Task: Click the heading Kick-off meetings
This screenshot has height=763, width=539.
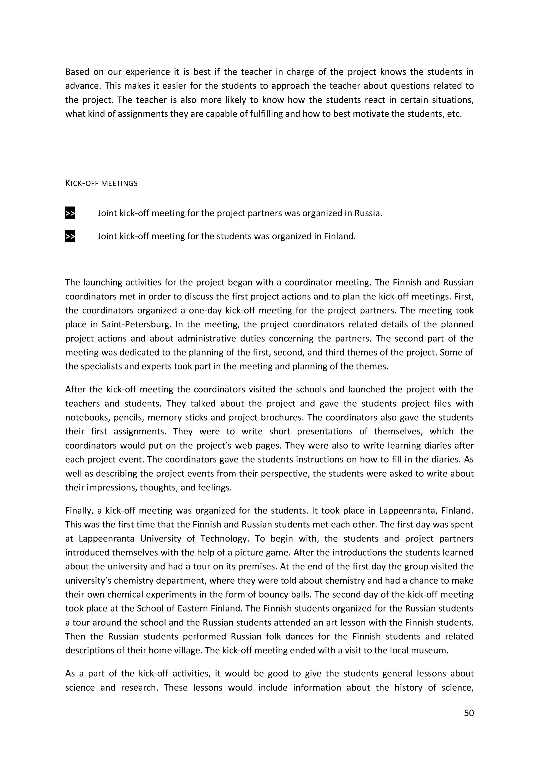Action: click(x=101, y=183)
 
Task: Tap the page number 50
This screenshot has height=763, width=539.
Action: click(x=468, y=713)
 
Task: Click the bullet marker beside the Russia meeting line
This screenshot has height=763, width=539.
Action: click(x=70, y=213)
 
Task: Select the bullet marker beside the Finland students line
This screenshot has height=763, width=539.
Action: click(x=70, y=236)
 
